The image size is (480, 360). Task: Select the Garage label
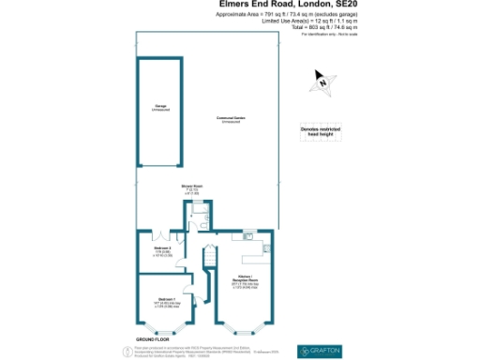[161, 107]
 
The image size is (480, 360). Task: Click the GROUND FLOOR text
[152, 338]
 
